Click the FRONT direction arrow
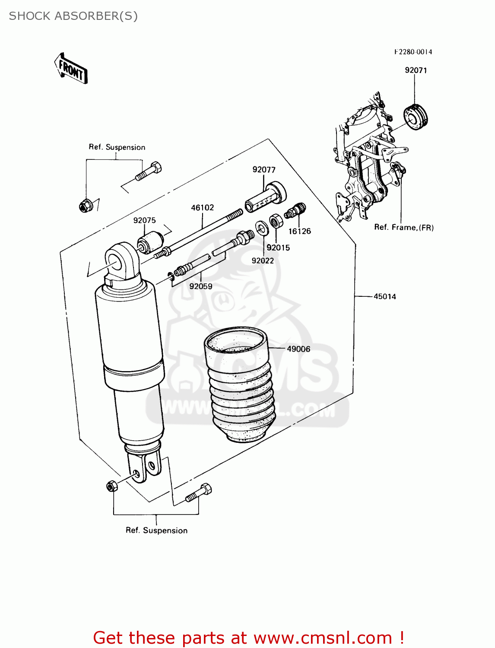(71, 69)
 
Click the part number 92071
(416, 70)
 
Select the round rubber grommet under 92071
(415, 117)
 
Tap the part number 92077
(264, 170)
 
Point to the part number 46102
(202, 208)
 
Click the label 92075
(144, 220)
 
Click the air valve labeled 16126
(295, 211)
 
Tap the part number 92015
(278, 248)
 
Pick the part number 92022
(263, 260)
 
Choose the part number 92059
(201, 286)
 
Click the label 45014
(384, 296)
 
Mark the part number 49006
(298, 349)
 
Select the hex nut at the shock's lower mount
(112, 486)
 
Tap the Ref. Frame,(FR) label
(403, 227)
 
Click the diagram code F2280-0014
(413, 52)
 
